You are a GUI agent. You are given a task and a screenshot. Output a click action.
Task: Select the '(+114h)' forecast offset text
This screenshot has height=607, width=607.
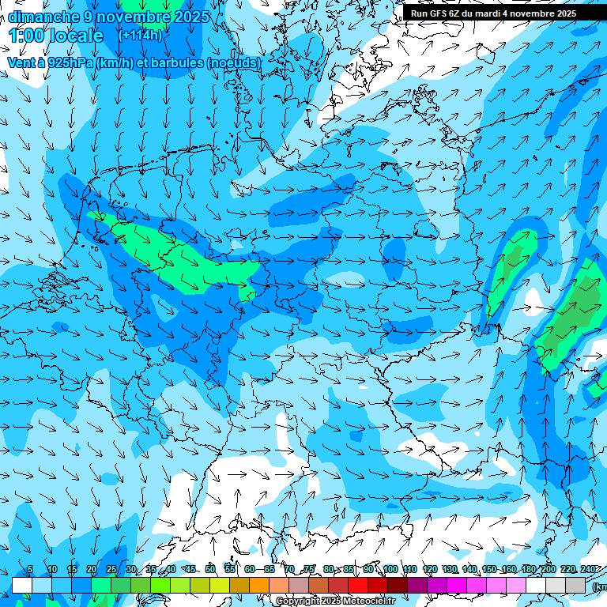(x=141, y=35)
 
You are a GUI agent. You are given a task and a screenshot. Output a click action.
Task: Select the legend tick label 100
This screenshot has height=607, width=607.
(x=390, y=570)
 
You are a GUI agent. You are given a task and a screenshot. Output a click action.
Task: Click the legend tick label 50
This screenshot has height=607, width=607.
(x=210, y=570)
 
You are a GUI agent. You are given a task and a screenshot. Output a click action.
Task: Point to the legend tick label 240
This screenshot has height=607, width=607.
(x=587, y=570)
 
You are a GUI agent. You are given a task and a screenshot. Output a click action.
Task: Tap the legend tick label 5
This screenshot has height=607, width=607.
(x=30, y=570)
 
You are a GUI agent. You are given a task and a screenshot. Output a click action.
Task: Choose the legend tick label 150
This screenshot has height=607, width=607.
(x=488, y=570)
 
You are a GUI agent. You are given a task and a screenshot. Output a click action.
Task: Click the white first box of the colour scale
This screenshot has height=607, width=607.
(x=21, y=585)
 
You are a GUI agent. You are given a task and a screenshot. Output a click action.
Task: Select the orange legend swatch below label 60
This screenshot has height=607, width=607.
(x=259, y=585)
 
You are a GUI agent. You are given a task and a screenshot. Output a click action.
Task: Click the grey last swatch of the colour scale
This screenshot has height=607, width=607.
(x=575, y=585)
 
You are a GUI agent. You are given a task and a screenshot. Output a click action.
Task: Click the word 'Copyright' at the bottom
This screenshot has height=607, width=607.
(x=298, y=601)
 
